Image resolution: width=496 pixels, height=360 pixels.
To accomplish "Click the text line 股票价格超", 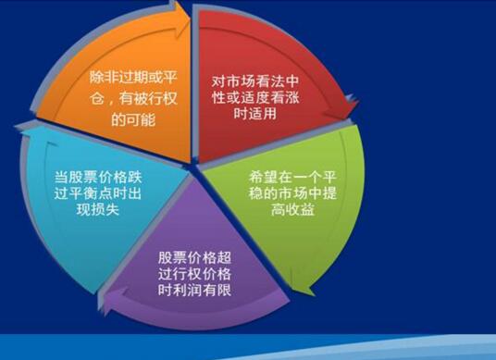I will point(193,254).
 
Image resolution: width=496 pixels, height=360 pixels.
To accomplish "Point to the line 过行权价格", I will point(193,274).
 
